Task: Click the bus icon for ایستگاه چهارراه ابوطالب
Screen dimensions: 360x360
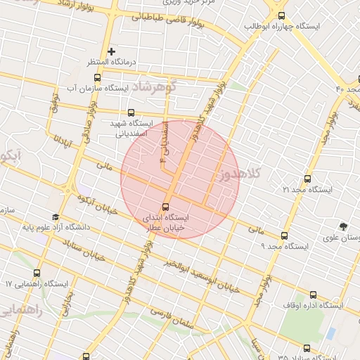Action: [x=282, y=15]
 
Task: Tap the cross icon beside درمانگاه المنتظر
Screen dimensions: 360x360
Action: [x=112, y=52]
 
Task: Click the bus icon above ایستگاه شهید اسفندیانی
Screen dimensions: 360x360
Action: [x=131, y=112]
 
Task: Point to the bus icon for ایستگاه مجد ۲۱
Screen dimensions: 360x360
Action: [x=307, y=179]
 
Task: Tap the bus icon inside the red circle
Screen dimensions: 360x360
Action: [x=165, y=207]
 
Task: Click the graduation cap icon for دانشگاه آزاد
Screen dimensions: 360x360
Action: [x=56, y=217]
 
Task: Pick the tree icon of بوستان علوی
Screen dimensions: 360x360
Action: [x=343, y=226]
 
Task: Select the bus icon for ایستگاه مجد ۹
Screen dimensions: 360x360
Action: [x=284, y=236]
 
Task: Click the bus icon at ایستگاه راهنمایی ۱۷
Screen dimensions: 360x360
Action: [x=37, y=273]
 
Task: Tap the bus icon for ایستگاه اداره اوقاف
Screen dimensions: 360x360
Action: [x=313, y=295]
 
